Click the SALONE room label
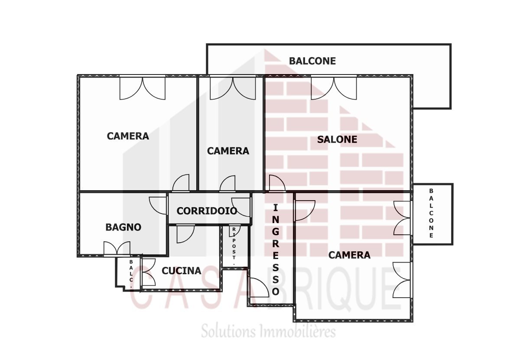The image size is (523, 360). tap(337, 139)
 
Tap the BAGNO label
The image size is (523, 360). tap(123, 227)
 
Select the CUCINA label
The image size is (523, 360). tap(181, 271)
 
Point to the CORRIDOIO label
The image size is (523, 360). tap(207, 211)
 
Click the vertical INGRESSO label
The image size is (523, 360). tap(276, 250)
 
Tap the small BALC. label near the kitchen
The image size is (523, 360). tap(131, 274)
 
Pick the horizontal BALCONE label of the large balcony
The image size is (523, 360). tap(312, 61)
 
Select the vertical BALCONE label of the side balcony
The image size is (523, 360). tap(431, 213)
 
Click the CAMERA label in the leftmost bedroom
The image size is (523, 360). tap(128, 136)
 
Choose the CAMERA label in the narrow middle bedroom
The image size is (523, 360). tap(228, 151)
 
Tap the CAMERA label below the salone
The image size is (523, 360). tap(349, 255)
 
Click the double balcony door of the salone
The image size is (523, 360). tap(334, 88)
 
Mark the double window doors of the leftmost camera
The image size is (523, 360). tap(143, 88)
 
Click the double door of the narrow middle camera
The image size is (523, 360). tap(233, 88)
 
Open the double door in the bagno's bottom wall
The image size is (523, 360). tap(117, 249)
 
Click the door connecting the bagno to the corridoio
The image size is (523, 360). tap(158, 205)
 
